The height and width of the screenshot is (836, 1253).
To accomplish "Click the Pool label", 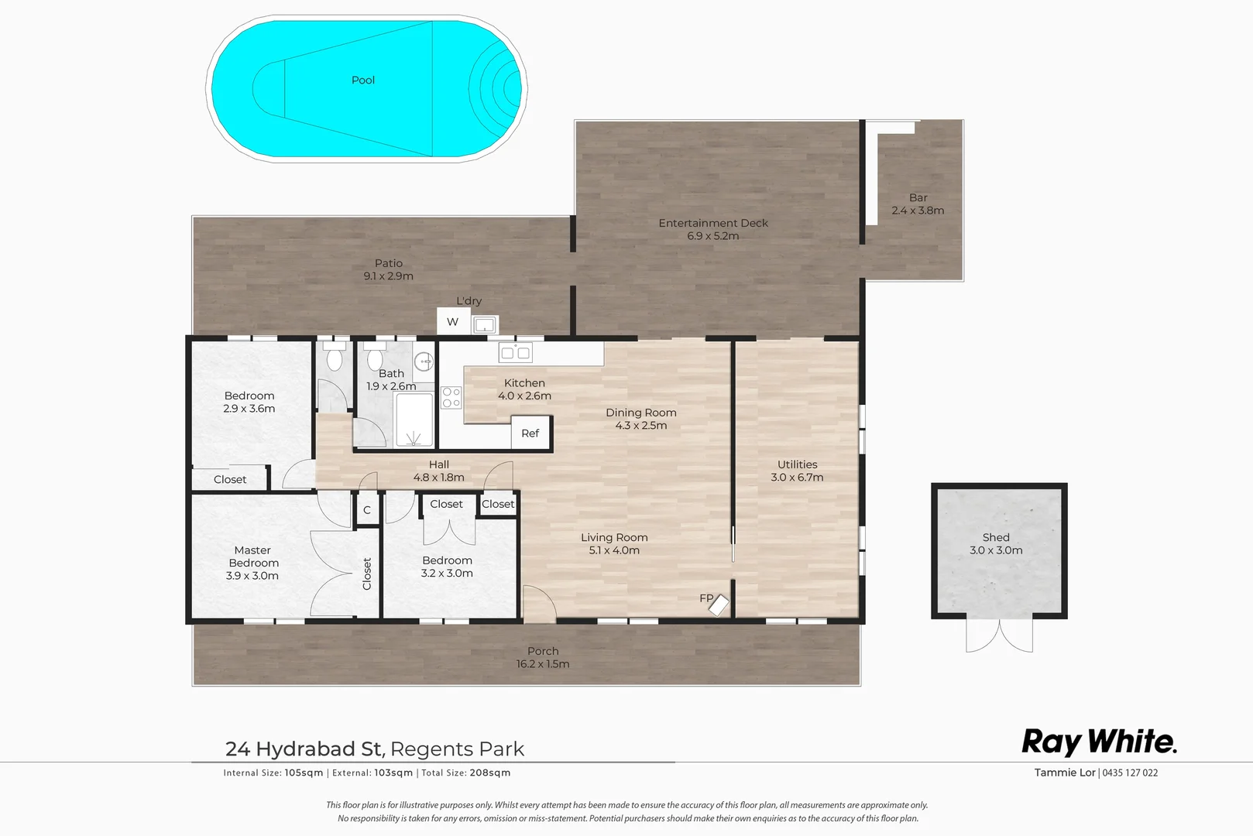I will (x=362, y=81).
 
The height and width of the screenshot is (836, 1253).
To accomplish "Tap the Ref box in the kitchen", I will (x=530, y=433).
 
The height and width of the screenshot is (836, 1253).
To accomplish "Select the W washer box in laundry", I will (x=453, y=322).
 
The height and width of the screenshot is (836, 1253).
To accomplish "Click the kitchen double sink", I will (x=515, y=354).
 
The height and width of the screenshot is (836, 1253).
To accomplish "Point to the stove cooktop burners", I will (x=451, y=398).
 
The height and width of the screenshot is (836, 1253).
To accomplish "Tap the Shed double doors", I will (x=999, y=635).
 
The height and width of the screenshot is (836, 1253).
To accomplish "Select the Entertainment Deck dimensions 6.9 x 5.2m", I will (x=712, y=236).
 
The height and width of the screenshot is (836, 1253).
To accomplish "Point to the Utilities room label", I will (x=797, y=464).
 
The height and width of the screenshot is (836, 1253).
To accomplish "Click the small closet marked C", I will (x=367, y=510).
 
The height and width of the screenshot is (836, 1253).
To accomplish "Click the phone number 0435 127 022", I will (x=1130, y=773).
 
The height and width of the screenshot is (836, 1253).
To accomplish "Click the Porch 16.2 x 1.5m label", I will (x=543, y=657).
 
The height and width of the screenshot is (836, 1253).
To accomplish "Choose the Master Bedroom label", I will (x=252, y=563).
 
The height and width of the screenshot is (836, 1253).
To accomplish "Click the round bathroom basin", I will (x=423, y=361).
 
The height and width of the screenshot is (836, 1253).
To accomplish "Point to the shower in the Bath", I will (x=414, y=420).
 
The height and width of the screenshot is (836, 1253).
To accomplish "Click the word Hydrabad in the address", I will (x=318, y=749).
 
